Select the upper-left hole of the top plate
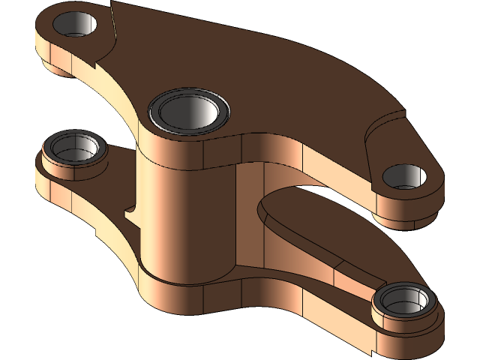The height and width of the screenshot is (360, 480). pos(75,24)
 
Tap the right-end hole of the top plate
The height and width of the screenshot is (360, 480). pos(405,176)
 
